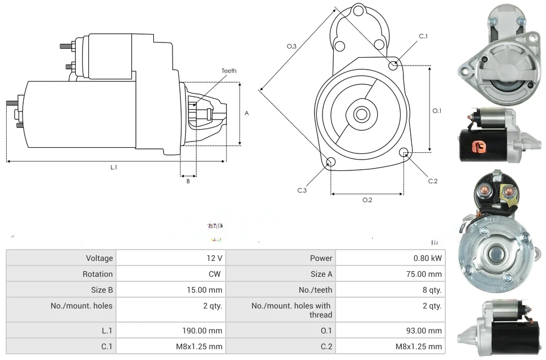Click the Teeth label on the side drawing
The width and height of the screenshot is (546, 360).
pyautogui.click(x=229, y=71)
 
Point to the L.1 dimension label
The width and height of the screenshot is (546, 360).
pyautogui.click(x=114, y=168)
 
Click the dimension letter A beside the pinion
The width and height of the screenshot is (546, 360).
pyautogui.click(x=247, y=113)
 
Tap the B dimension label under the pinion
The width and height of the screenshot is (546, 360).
pyautogui.click(x=188, y=181)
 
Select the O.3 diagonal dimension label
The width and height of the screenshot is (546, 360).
pyautogui.click(x=292, y=46)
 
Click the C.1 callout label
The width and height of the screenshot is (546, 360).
pyautogui.click(x=423, y=36)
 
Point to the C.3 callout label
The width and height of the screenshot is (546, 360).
pyautogui.click(x=302, y=191)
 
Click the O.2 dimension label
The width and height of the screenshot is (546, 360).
pyautogui.click(x=367, y=200)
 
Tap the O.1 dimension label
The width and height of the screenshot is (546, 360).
pyautogui.click(x=437, y=111)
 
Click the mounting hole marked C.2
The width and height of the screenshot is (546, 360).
pyautogui.click(x=404, y=152)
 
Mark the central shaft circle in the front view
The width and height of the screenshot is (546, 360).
pyautogui.click(x=360, y=114)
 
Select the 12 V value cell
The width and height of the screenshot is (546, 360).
pyautogui.click(x=214, y=258)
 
